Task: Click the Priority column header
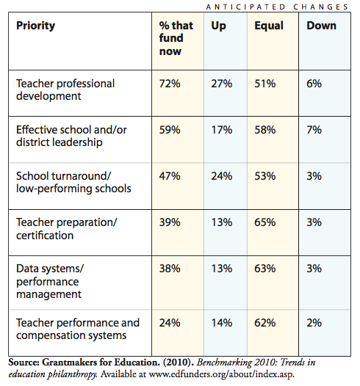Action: tap(36, 26)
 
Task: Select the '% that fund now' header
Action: tap(176, 38)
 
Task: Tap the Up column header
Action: tap(218, 26)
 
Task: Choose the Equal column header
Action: tap(269, 26)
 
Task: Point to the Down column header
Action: tap(321, 26)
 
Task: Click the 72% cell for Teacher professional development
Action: tap(170, 84)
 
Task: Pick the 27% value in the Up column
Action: tap(222, 84)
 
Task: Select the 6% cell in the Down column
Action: tap(314, 84)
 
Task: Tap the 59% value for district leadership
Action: tap(170, 130)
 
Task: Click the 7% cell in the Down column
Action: tap(314, 130)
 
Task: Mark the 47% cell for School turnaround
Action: tap(170, 176)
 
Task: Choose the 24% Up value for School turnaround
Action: tap(222, 176)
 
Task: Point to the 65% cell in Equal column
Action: tap(265, 222)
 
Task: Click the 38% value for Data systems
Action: tap(170, 269)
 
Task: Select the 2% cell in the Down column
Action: tap(314, 323)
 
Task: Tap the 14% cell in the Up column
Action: tap(222, 323)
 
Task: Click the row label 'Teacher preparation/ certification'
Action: tap(67, 229)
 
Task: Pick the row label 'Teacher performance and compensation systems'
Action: tap(78, 329)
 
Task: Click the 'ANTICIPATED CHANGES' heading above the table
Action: tap(277, 7)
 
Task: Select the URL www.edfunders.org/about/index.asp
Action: tap(222, 374)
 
